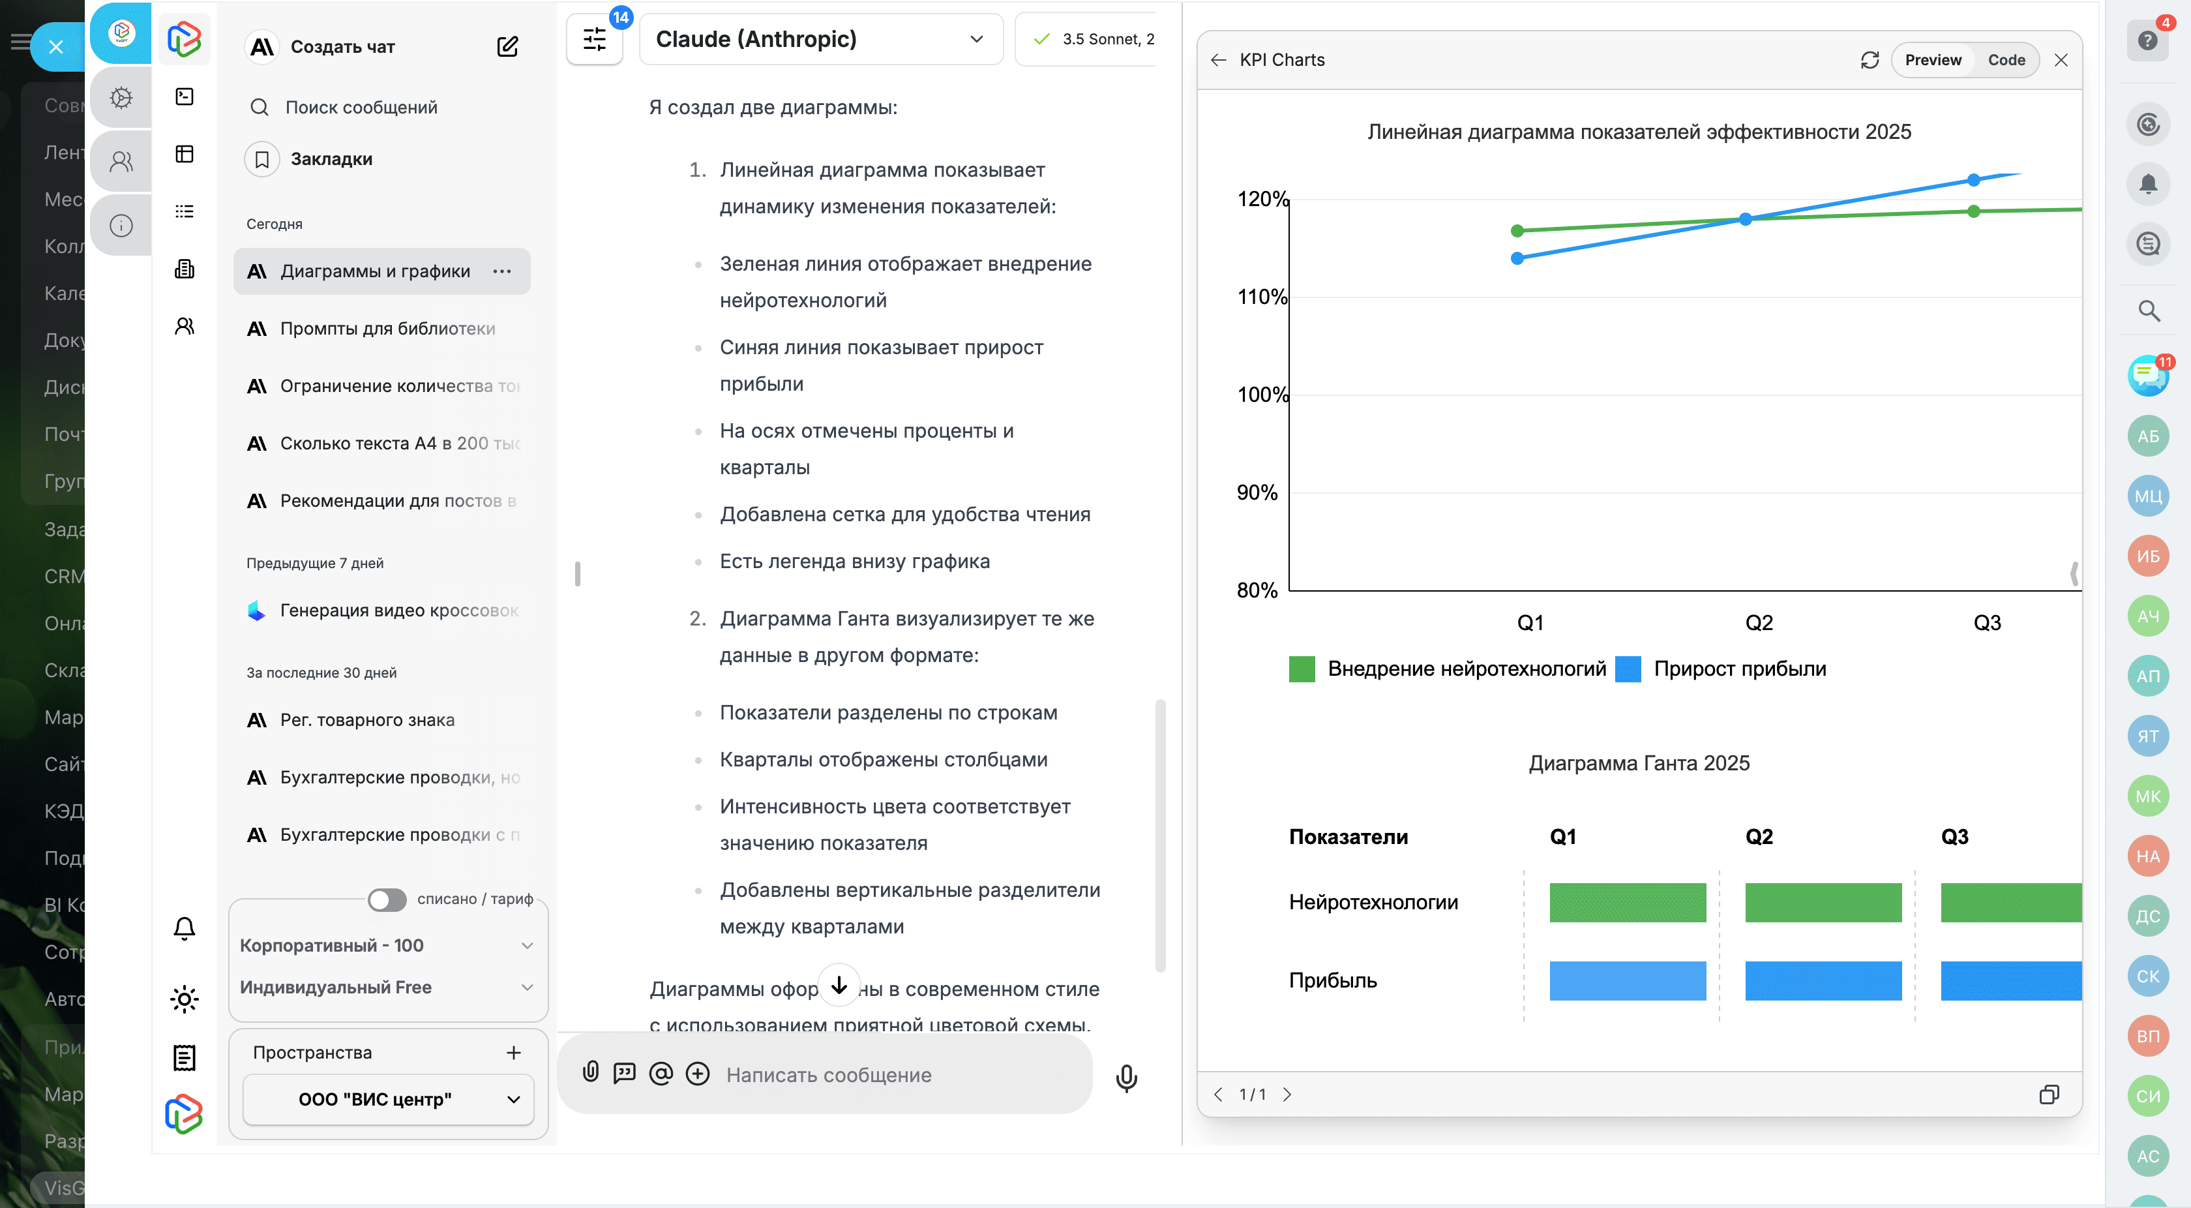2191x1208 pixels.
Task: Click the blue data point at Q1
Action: pos(1517,258)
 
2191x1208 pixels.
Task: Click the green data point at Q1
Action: pos(1517,230)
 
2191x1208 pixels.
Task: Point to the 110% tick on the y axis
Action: pos(1261,297)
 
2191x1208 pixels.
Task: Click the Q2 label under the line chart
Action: pos(1758,623)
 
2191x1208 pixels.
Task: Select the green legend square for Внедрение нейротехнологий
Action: pos(1302,669)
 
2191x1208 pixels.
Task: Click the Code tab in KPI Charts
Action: pos(2006,59)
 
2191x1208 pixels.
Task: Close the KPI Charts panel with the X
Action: pos(2061,59)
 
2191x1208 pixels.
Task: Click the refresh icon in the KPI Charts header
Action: pos(1869,59)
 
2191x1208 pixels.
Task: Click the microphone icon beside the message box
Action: pos(1125,1076)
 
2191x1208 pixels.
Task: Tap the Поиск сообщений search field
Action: pos(361,107)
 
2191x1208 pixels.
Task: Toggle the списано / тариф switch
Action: pos(387,899)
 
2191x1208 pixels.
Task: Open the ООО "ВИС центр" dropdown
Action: pos(388,1099)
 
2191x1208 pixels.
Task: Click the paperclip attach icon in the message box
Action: pos(590,1073)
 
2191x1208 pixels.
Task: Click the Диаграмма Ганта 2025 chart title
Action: pos(1638,763)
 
